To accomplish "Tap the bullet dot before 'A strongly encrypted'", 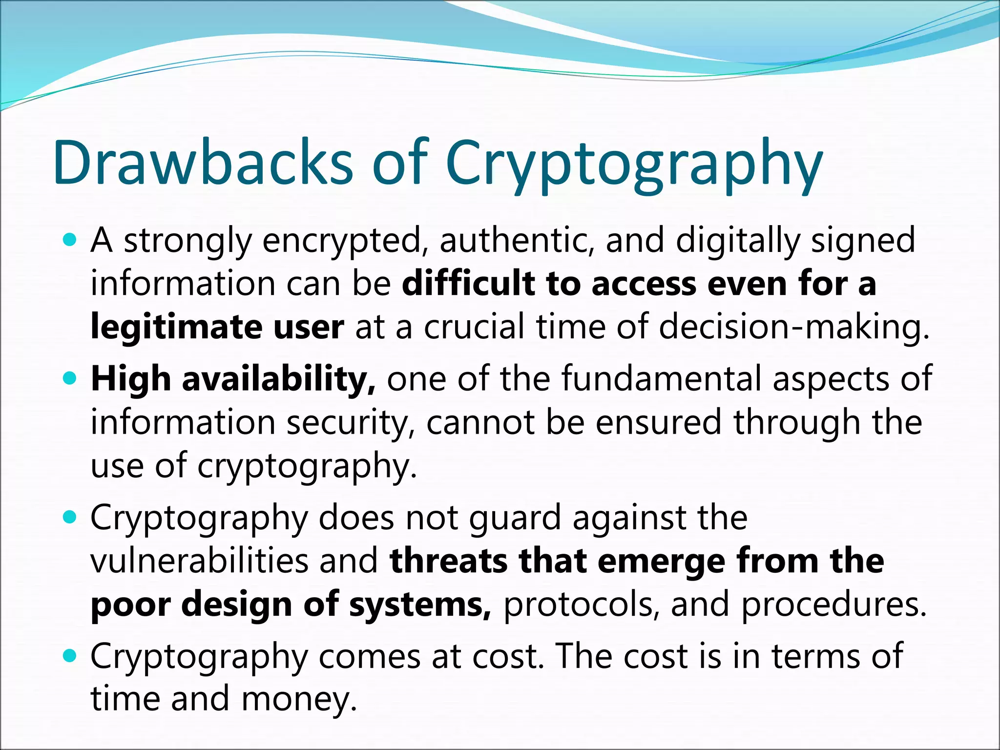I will pos(70,240).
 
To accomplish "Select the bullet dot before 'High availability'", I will pos(70,378).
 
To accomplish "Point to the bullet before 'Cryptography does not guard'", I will pos(70,517).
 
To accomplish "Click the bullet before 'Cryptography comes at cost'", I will pos(70,656).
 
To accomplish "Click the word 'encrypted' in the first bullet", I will pos(342,241).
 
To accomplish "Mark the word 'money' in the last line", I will pos(295,698).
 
